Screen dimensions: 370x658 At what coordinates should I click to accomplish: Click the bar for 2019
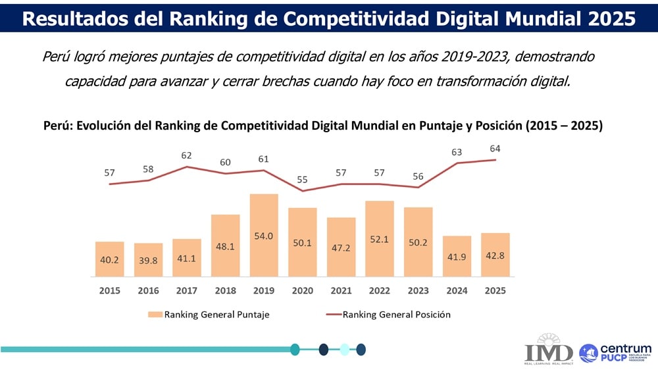(264, 235)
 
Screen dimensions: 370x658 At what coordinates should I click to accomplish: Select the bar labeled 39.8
(148, 260)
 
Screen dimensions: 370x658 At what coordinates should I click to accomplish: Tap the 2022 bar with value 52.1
(380, 238)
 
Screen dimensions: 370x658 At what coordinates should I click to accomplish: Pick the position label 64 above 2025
(495, 148)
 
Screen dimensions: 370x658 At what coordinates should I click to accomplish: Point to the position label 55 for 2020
(303, 179)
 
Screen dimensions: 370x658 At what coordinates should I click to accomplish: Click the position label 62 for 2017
(186, 156)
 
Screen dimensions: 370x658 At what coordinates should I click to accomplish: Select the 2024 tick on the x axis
(457, 290)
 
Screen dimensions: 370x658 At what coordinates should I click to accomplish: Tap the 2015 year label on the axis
(110, 290)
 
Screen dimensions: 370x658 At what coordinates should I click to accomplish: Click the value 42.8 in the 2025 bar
(495, 255)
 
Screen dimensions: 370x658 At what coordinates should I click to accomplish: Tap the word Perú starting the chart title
(57, 126)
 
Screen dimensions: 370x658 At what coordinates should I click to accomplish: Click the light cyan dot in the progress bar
(343, 349)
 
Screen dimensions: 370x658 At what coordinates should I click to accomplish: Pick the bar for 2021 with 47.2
(341, 247)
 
